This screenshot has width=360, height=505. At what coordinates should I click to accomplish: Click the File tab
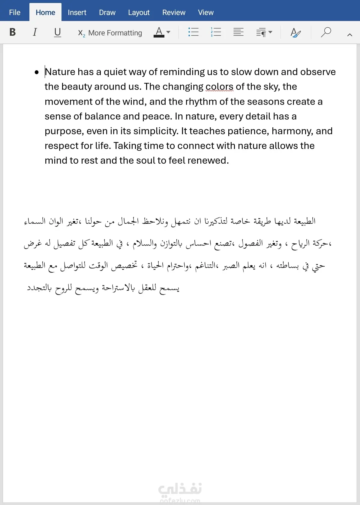pos(15,13)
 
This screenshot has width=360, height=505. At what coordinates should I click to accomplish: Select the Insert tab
pos(77,13)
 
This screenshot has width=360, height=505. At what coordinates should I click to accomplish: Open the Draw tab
pos(107,13)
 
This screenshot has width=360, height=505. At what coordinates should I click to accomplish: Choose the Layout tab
pos(139,13)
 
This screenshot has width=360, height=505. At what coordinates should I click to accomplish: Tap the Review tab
pos(174,13)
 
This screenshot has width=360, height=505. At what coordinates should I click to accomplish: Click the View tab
pos(205,13)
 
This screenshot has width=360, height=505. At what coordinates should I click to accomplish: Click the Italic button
pos(35,32)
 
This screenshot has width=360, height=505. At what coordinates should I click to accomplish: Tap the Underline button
pos(57,32)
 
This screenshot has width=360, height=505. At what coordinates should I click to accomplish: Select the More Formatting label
pos(115,33)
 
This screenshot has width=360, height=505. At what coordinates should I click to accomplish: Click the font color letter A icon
pos(159,32)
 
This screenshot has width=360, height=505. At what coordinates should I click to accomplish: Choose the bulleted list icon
pos(193,32)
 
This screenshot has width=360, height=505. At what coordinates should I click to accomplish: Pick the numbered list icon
pos(216,32)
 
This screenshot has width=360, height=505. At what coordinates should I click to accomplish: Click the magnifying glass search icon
pos(326,32)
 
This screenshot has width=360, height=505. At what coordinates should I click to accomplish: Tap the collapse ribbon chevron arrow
pos(349,35)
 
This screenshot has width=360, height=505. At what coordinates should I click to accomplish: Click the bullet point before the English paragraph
pos(37,72)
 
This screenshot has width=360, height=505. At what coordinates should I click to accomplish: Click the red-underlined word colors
pos(219,87)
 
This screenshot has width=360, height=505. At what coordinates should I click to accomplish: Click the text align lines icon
pos(238,32)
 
